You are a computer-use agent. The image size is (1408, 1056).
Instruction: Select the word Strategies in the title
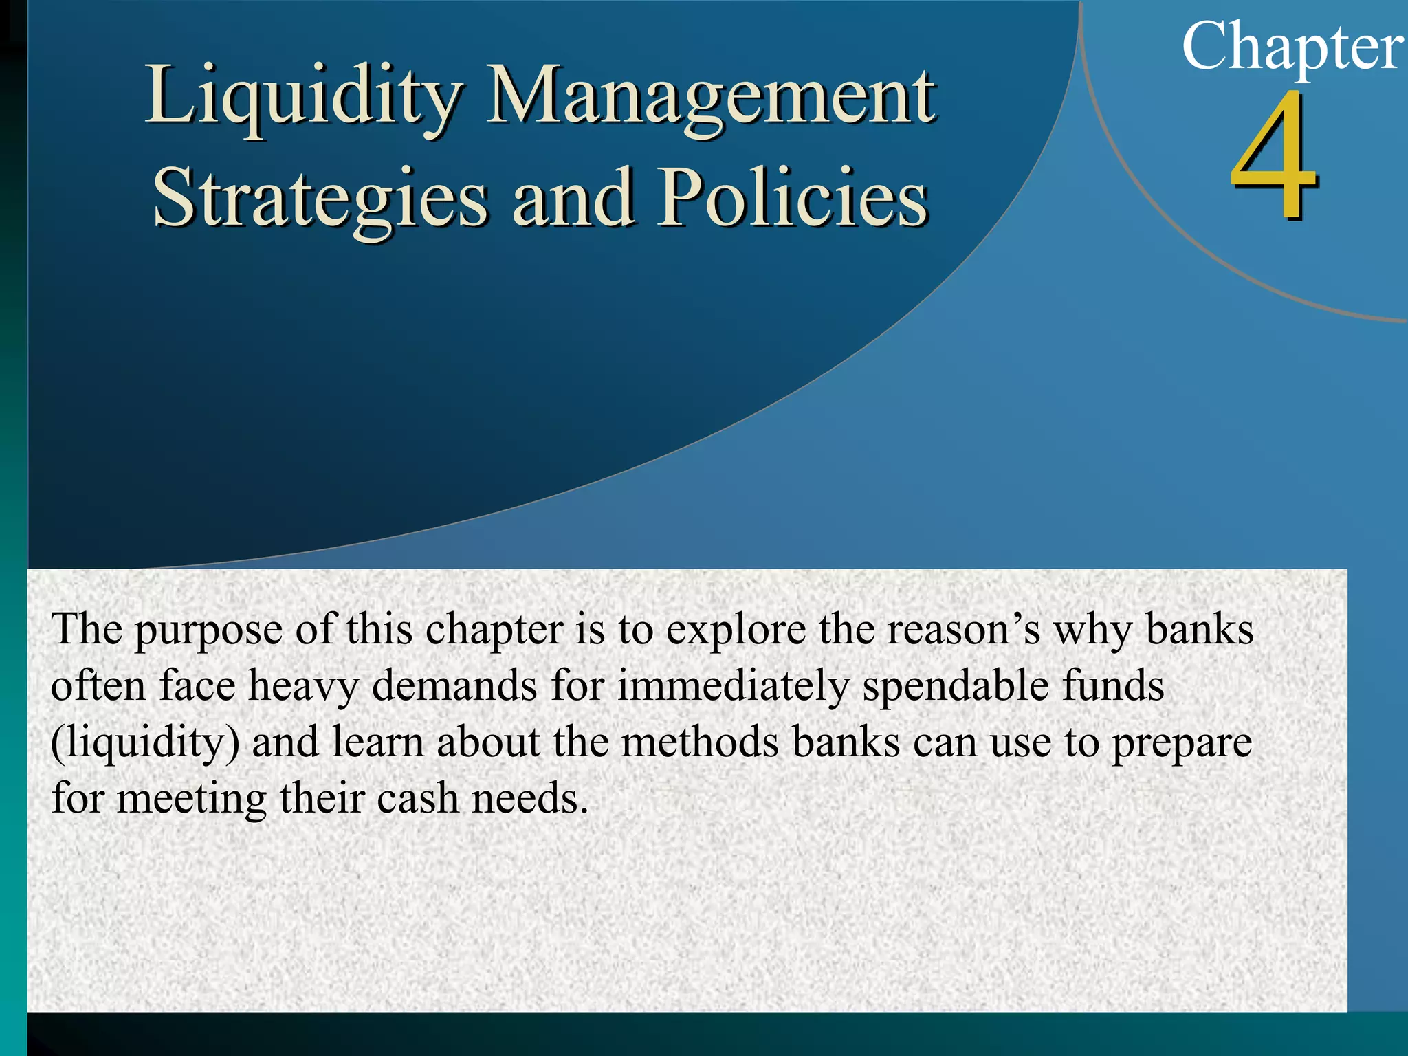[320, 199]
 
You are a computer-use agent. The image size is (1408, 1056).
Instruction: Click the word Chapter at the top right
[1292, 47]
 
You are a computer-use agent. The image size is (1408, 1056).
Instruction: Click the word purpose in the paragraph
[208, 630]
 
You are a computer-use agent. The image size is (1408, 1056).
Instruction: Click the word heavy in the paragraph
[303, 687]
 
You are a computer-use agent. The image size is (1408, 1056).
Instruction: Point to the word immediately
[734, 687]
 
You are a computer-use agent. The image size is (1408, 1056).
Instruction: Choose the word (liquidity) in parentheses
[145, 744]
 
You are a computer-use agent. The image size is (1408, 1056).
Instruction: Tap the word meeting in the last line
[192, 800]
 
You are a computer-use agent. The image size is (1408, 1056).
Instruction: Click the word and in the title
[573, 199]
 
